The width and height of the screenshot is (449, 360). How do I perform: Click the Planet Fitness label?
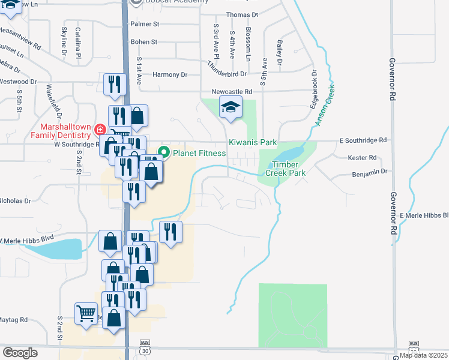pyautogui.click(x=199, y=153)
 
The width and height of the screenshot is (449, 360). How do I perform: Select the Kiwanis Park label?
pyautogui.click(x=252, y=143)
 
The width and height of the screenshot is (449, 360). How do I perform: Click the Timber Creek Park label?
pyautogui.click(x=289, y=169)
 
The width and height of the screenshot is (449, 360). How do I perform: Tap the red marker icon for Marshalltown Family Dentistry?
pyautogui.click(x=100, y=130)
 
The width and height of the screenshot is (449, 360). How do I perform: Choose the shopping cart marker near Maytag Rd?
pyautogui.click(x=86, y=313)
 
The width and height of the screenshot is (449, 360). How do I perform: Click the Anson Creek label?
pyautogui.click(x=325, y=106)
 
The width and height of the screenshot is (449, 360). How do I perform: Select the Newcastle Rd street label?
pyautogui.click(x=232, y=91)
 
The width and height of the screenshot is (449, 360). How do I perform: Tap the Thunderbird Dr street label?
pyautogui.click(x=227, y=69)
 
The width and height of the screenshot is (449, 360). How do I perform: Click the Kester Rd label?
pyautogui.click(x=362, y=158)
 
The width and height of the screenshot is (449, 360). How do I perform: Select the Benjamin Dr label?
pyautogui.click(x=368, y=171)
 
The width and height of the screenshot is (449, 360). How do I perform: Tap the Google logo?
pyautogui.click(x=20, y=353)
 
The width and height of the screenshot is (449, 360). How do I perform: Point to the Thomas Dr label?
pyautogui.click(x=242, y=14)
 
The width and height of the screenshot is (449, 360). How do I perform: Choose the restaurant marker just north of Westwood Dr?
pyautogui.click(x=114, y=84)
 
